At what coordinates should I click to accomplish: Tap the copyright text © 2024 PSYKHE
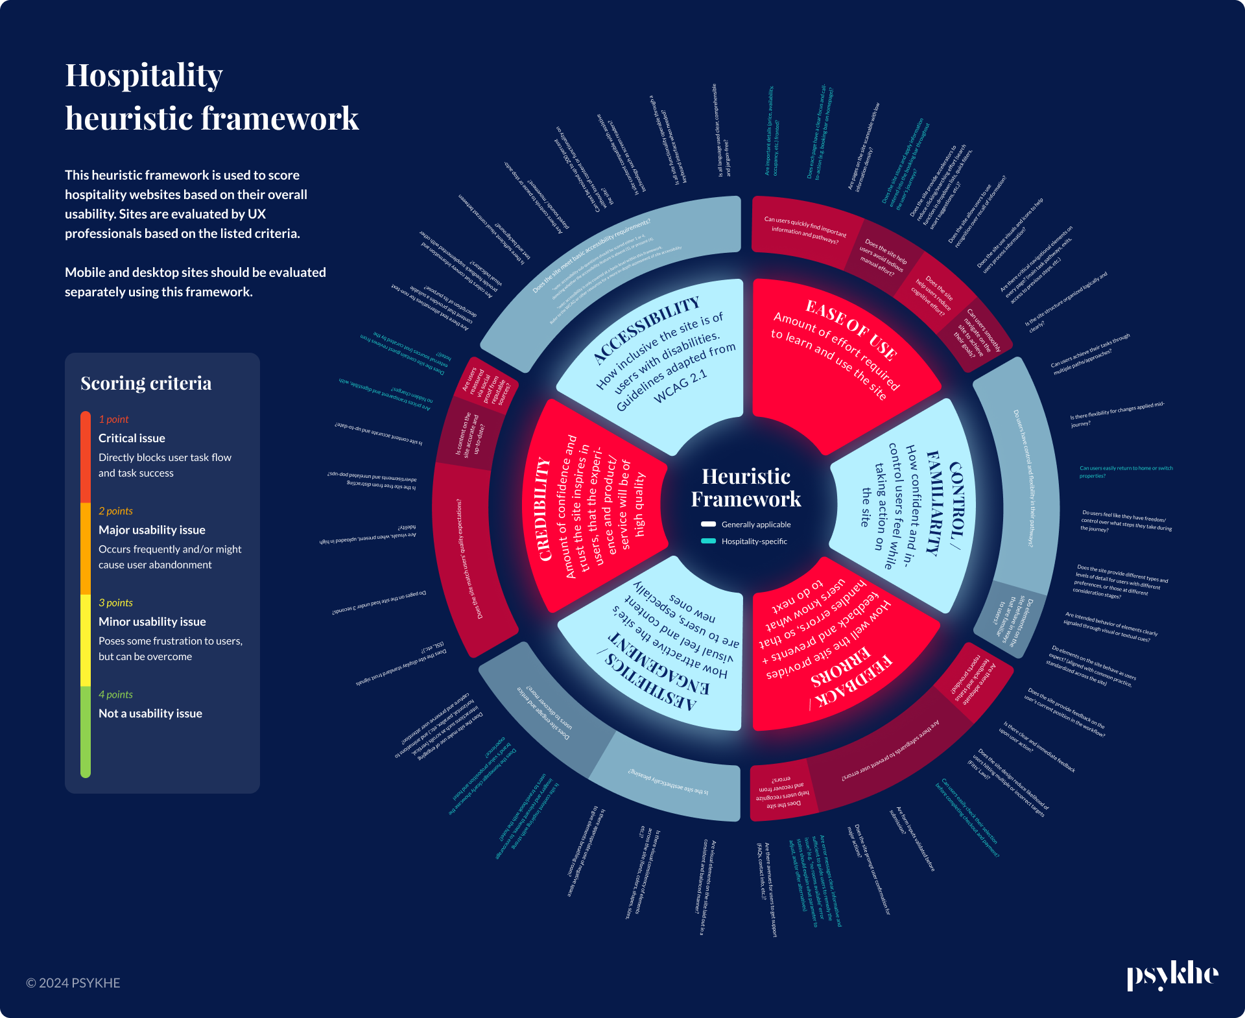coord(73,983)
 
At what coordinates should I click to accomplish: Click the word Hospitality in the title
coord(144,75)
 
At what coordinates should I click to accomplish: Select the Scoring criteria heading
coord(146,383)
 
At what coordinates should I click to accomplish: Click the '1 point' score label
coord(113,420)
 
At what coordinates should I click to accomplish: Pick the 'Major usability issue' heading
coord(152,530)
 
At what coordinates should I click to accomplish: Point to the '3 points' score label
coord(115,603)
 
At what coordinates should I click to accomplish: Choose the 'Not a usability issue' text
coord(150,713)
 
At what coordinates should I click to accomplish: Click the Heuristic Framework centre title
coord(746,488)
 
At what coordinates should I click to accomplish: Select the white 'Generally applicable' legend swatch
coord(708,524)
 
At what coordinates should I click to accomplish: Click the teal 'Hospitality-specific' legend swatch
coord(708,541)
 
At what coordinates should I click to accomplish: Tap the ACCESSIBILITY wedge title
coord(646,329)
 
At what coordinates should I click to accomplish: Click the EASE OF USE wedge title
coord(851,329)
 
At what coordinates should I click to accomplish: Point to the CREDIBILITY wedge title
coord(544,510)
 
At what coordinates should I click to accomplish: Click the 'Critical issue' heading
coord(132,438)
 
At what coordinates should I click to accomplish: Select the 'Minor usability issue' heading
coord(152,622)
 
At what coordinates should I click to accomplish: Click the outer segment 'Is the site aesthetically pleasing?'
coord(668,782)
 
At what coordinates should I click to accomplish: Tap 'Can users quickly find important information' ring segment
coord(805,230)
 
